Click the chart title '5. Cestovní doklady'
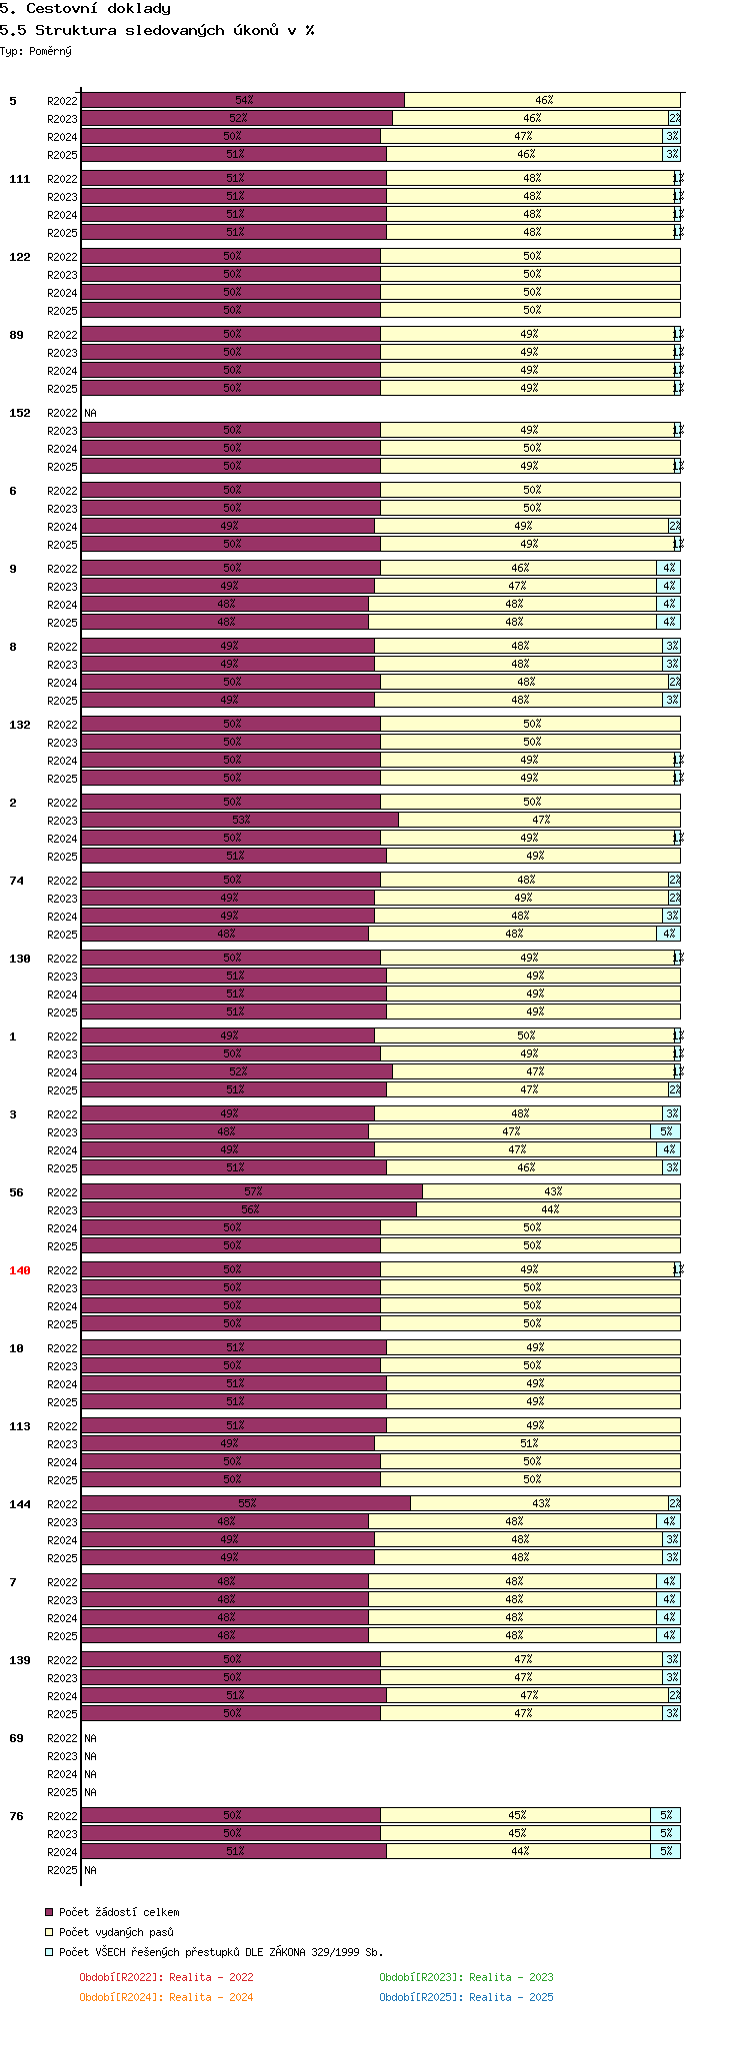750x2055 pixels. coord(85,9)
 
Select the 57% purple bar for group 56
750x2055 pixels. coord(252,1191)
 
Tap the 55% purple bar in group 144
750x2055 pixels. coord(246,1503)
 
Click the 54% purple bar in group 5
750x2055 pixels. coord(243,100)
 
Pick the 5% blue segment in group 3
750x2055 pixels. coord(666,1131)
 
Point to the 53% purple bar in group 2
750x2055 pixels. coord(240,820)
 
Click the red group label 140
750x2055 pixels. coord(20,1270)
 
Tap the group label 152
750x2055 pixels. coord(20,413)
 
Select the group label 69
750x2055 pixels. coord(16,1738)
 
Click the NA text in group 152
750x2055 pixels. coord(90,413)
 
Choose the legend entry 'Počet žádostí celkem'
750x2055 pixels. coord(119,1912)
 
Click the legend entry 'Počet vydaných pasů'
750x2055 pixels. coord(116,1932)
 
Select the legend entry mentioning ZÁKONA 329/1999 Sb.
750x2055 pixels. coord(220,1952)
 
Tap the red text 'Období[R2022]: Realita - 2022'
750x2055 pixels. coord(166,1977)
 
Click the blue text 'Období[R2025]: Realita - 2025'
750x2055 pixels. coord(466,1997)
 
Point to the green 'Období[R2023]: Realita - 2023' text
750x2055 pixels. coord(466,1977)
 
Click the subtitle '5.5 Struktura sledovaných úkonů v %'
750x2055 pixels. coord(157,30)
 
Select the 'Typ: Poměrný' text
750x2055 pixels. coord(36,51)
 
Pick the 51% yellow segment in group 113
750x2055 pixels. coord(528,1443)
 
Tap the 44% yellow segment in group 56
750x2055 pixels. coord(549,1209)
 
